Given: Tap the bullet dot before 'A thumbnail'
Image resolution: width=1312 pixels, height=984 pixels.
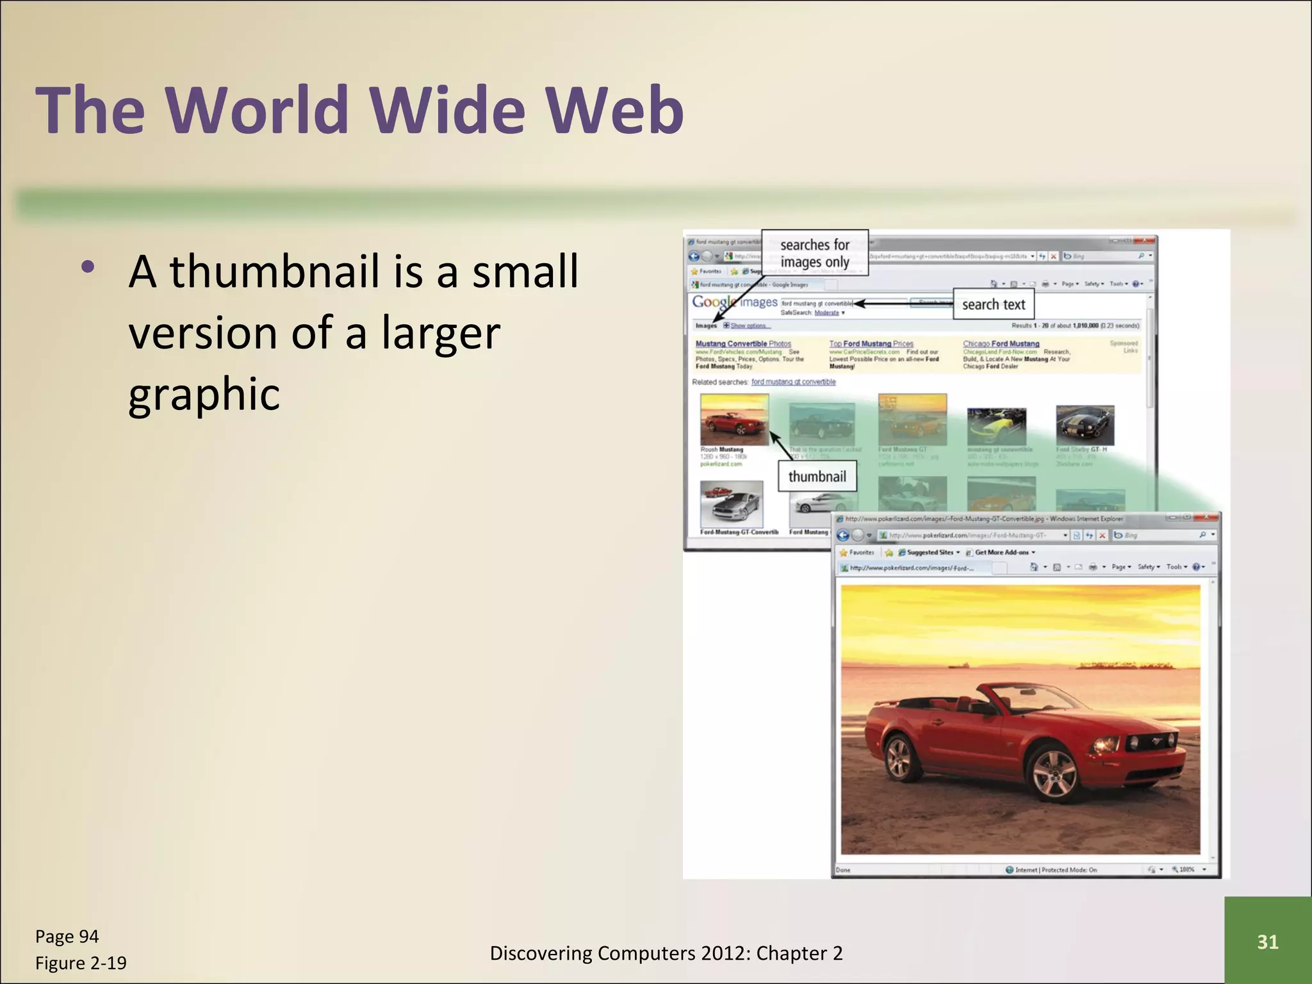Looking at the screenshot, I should click(88, 267).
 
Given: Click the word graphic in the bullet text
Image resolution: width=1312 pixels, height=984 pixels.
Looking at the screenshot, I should click(204, 394).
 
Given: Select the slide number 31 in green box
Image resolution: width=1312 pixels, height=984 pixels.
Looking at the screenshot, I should click(1267, 942).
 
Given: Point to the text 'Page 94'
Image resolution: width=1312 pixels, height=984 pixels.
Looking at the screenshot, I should click(67, 937).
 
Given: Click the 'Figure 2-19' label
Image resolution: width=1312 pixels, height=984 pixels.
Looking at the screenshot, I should click(81, 963).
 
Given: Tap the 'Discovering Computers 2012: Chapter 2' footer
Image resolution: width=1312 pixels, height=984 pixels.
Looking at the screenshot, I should click(666, 953).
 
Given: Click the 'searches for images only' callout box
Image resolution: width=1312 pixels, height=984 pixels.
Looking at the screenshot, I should click(814, 253).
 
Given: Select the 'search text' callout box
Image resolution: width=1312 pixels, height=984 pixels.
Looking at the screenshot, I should click(993, 304).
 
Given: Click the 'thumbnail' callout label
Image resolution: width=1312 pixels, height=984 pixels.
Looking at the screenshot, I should click(817, 477).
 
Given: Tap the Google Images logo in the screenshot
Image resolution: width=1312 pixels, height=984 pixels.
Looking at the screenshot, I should click(734, 302).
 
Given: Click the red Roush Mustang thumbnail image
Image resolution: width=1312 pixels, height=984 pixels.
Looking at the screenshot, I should click(734, 420).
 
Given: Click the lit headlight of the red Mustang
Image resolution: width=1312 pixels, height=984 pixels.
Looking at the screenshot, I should click(1104, 745).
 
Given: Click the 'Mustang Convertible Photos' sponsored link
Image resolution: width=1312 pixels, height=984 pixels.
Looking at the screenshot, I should click(743, 344).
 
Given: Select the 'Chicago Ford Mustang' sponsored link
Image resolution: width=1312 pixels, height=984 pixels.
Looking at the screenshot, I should click(1001, 344).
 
